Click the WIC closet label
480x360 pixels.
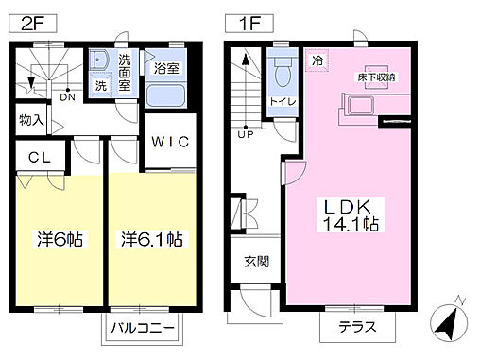click(169, 142)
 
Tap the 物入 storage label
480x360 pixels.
click(31, 120)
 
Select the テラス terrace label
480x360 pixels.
click(346, 329)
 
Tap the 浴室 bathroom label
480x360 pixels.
click(166, 68)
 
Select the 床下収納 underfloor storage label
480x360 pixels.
click(374, 74)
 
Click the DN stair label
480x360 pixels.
click(67, 96)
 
